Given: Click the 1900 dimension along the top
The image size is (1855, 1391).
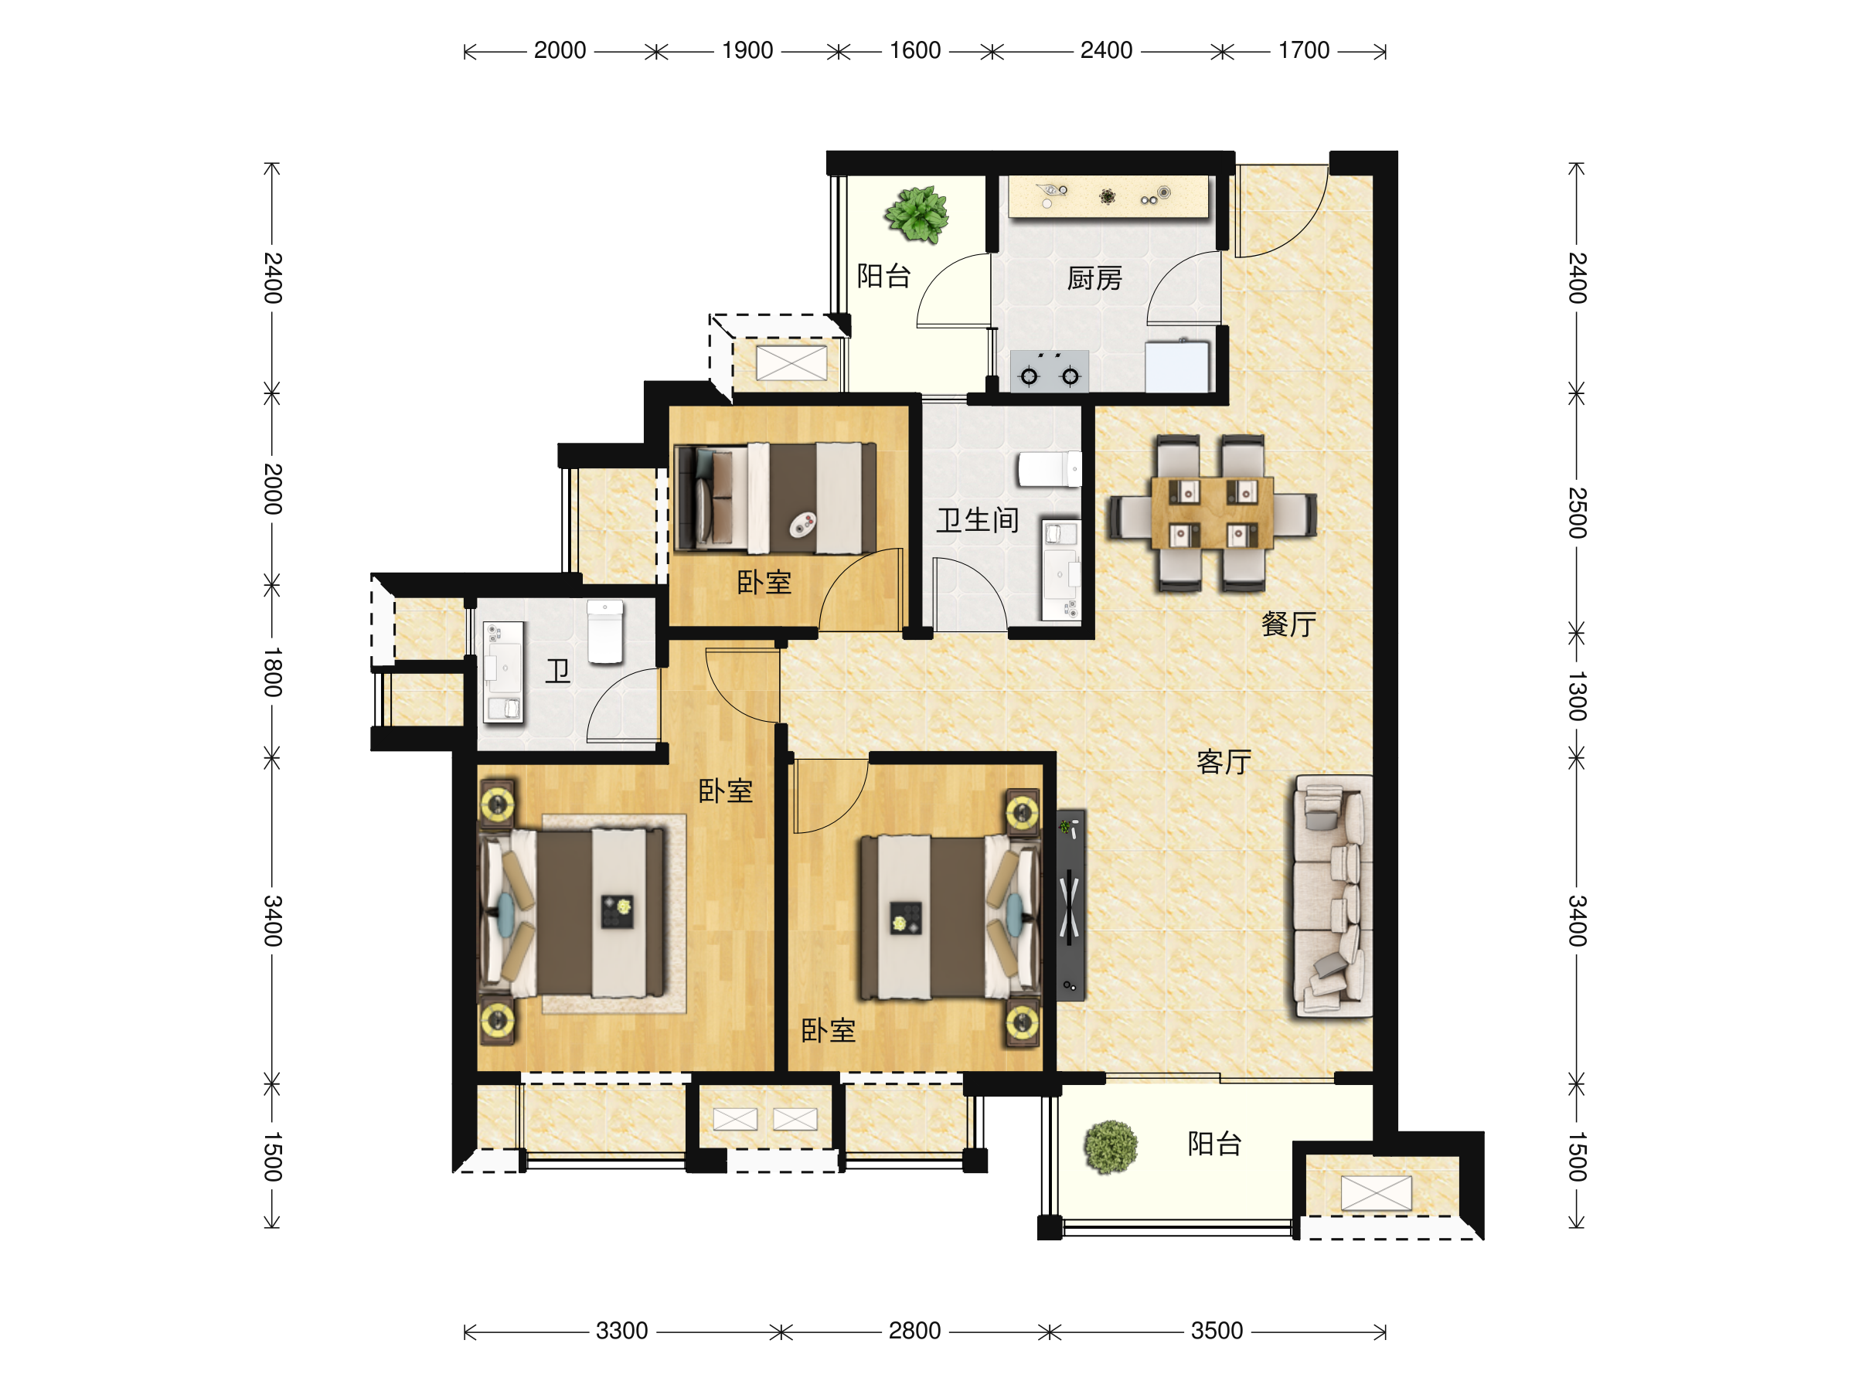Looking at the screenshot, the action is [x=747, y=50].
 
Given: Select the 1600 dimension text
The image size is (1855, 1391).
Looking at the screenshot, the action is [x=915, y=50].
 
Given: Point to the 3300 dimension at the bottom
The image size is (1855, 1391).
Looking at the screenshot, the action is [x=621, y=1331].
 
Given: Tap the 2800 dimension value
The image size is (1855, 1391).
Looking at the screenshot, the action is [x=915, y=1331].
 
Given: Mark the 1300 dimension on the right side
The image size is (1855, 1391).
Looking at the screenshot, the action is [x=1577, y=696].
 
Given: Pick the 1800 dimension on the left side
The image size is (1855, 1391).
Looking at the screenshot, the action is [x=273, y=672].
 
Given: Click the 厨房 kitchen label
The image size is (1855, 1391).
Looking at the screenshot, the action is [x=1094, y=278].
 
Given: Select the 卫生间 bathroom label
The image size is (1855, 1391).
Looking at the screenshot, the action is [x=978, y=521].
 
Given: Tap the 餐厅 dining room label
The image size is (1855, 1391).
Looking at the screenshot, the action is [x=1289, y=624].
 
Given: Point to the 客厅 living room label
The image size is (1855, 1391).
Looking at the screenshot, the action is [x=1224, y=762].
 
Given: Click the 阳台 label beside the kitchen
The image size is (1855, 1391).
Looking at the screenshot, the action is [x=884, y=276].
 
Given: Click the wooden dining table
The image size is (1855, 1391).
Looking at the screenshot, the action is [x=1213, y=513].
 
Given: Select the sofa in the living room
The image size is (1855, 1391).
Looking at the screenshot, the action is [x=1333, y=896].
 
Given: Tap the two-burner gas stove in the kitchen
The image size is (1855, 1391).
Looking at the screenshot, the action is [x=1049, y=372].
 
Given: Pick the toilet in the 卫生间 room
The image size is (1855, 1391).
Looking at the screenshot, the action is [x=1049, y=470].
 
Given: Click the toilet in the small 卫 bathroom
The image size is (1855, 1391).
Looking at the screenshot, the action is [x=604, y=631].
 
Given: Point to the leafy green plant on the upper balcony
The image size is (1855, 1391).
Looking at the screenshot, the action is [x=917, y=215].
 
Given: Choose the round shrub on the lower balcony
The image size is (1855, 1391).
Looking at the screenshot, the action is [x=1111, y=1147].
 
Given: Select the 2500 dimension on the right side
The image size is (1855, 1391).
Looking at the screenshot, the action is [x=1577, y=512].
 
